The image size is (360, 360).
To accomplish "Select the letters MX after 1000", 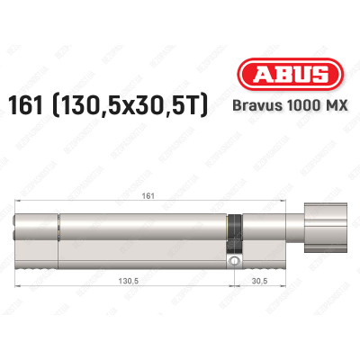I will pyautogui.click(x=335, y=111).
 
